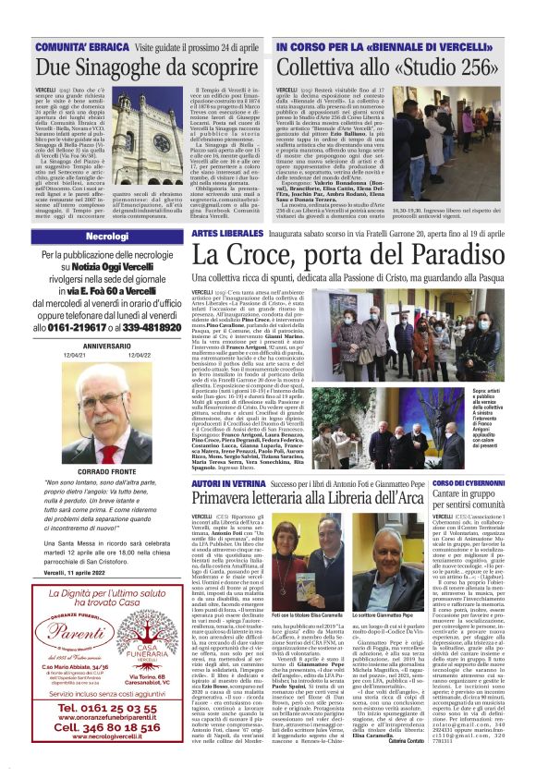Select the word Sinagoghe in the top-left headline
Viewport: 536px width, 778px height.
click(x=128, y=67)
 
